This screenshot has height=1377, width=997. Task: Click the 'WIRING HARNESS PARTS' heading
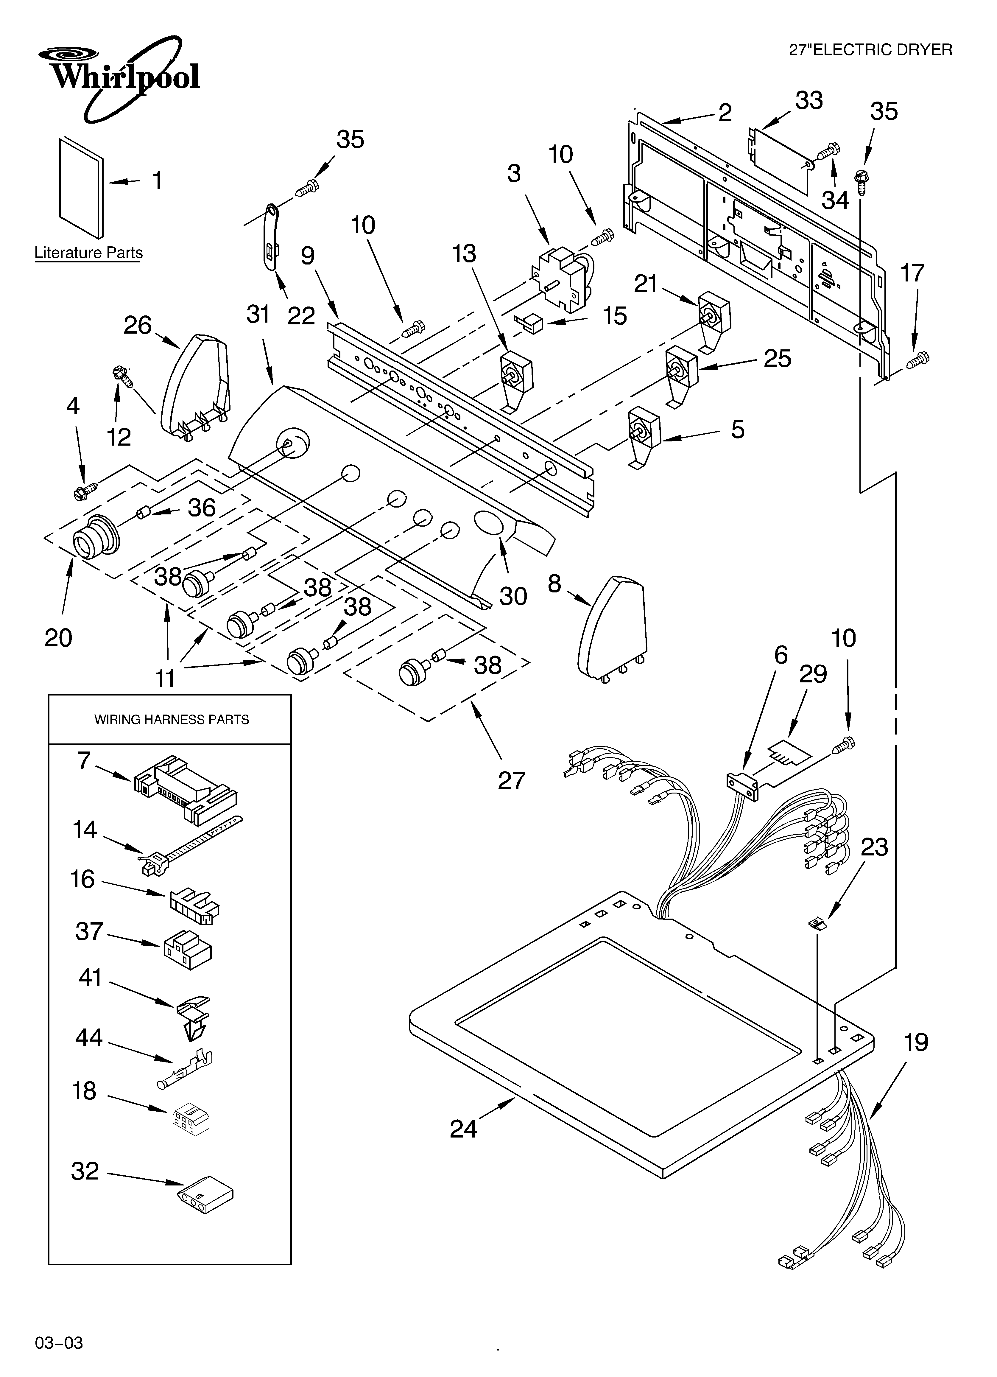coord(171,719)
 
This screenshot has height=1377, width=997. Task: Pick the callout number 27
coord(511,780)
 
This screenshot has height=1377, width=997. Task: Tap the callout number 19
coord(916,1043)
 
